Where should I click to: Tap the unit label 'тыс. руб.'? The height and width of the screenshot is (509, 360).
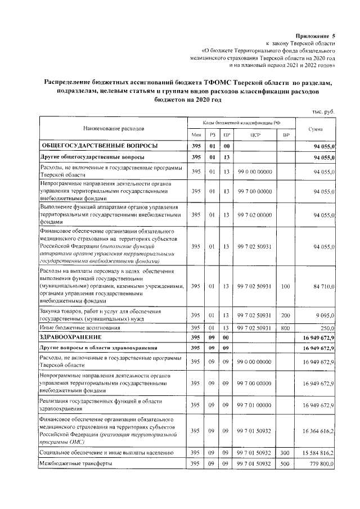click(323, 111)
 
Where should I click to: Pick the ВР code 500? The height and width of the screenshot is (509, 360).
click(285, 464)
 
